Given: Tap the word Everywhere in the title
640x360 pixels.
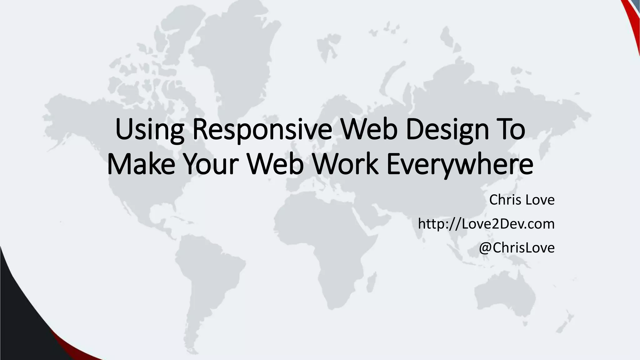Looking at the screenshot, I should [459, 165].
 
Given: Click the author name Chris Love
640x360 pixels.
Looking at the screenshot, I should [522, 200].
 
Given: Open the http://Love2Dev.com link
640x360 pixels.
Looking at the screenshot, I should [486, 224].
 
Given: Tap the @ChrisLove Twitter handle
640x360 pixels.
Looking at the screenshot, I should [517, 247].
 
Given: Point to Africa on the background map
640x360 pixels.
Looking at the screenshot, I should [325, 237].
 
